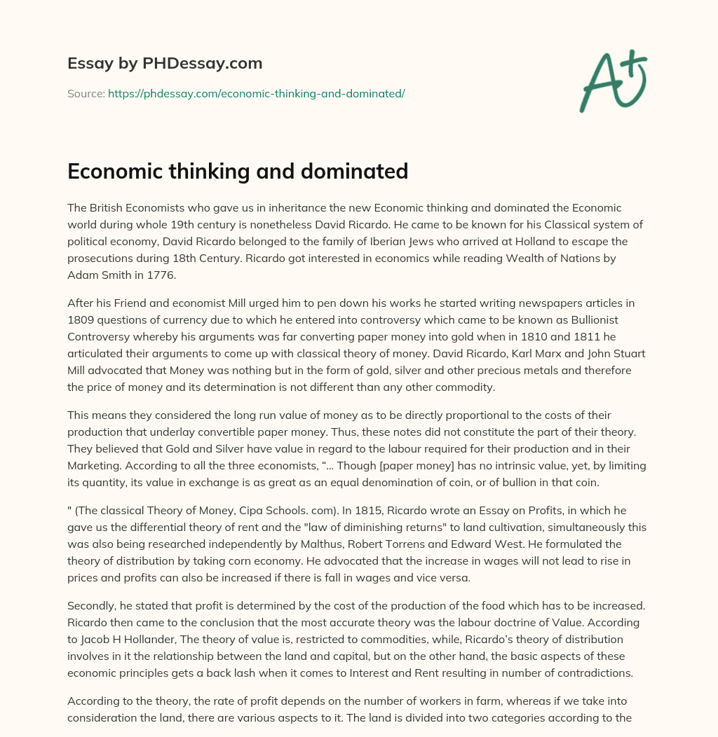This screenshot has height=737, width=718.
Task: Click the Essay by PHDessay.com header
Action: (x=165, y=64)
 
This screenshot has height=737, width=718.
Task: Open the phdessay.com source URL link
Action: (x=256, y=93)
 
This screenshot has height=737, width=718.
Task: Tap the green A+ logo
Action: (x=613, y=80)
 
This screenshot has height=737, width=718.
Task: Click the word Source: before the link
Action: (x=86, y=93)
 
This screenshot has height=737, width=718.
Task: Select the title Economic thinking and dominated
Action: (x=238, y=171)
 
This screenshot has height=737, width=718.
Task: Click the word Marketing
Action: (x=93, y=466)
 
